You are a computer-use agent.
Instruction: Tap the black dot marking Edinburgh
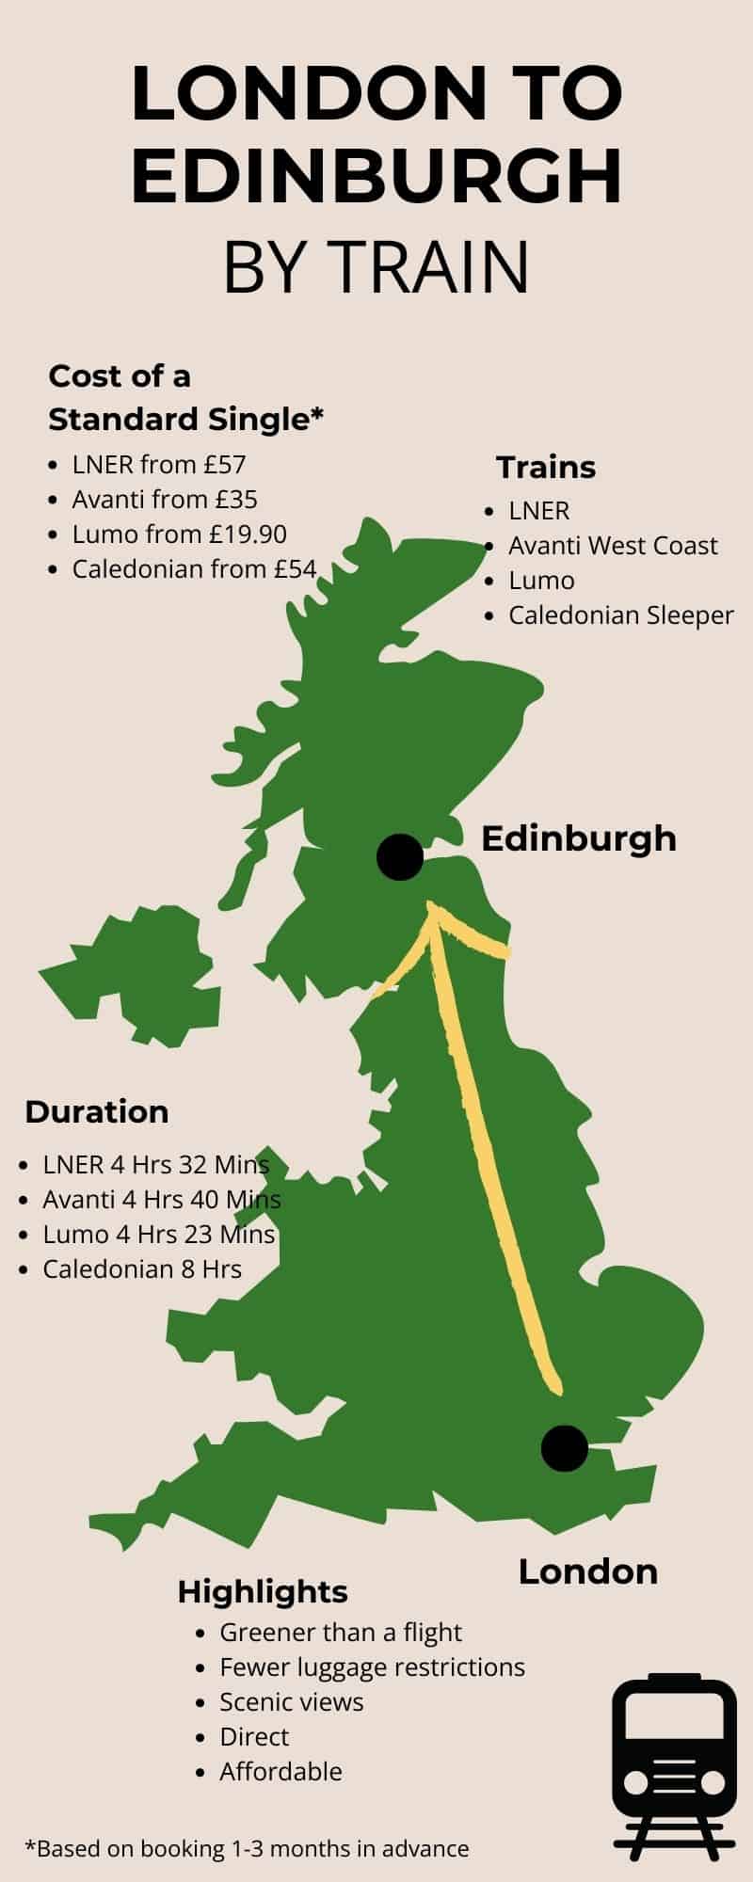(400, 857)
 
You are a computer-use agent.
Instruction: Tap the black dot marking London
(565, 1448)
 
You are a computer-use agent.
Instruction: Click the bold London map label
(587, 1571)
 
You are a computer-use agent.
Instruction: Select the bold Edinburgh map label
(578, 838)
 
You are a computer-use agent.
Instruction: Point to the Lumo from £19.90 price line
(179, 534)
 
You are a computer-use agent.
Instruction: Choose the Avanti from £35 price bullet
(165, 500)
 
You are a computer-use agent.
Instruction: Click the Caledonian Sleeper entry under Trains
(620, 615)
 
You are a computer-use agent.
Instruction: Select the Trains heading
(546, 467)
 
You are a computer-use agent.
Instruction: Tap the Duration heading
(97, 1111)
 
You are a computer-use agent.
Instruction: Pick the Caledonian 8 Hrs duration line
(141, 1269)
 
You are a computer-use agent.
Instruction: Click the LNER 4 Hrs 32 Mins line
(155, 1165)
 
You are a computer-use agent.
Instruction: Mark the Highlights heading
(263, 1592)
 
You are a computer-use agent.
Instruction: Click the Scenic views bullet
(291, 1702)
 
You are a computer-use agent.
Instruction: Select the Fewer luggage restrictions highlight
(372, 1667)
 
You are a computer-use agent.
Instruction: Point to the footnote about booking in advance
(247, 1849)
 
